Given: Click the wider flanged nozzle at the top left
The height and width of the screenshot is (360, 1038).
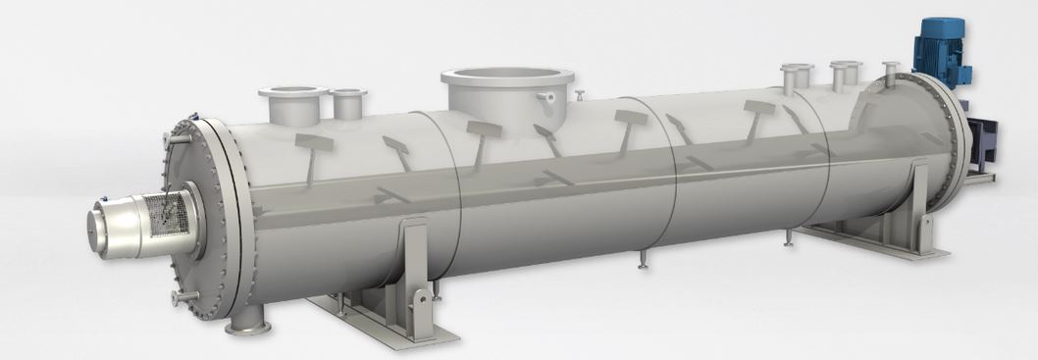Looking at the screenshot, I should click(x=292, y=99).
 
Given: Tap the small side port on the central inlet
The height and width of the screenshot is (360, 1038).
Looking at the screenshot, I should click(x=547, y=98).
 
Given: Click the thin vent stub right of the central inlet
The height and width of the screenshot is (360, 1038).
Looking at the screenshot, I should click(x=580, y=95).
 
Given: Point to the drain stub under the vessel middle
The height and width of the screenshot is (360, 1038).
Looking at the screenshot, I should click(x=642, y=259).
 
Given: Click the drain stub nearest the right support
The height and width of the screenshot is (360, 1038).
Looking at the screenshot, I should click(x=789, y=237).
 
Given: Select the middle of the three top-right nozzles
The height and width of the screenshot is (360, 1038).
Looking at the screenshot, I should click(x=845, y=73).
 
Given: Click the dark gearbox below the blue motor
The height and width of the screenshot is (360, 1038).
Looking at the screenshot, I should click(x=981, y=138).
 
